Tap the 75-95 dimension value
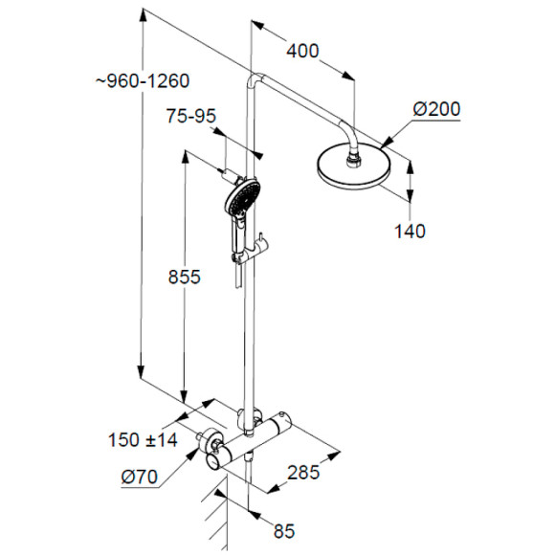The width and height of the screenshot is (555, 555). coord(190,116)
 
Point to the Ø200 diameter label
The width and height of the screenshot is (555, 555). coord(436,109)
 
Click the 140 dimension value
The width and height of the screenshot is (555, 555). coord(410,231)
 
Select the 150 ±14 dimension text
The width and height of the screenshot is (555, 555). coord(143,440)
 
